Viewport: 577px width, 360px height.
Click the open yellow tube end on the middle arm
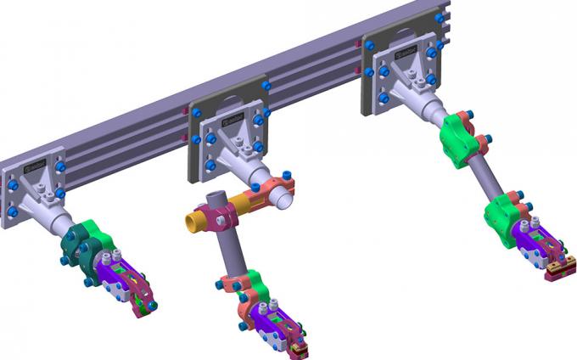point(192,222)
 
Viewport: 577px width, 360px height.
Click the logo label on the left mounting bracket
point(36,161)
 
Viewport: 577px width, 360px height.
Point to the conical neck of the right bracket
point(423,106)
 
